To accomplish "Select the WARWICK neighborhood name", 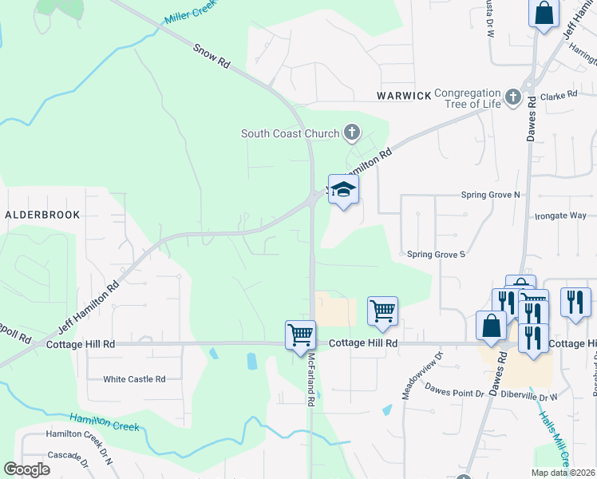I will [x=404, y=96].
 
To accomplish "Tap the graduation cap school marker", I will [x=343, y=189].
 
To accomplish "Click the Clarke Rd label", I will [x=559, y=95].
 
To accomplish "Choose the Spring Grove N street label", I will [x=490, y=195].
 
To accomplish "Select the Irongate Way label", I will [x=560, y=216].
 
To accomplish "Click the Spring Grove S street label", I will [x=436, y=254].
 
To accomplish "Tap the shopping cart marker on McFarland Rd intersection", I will [x=300, y=335].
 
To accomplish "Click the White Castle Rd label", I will [x=134, y=379].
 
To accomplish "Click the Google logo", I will [x=26, y=469].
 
